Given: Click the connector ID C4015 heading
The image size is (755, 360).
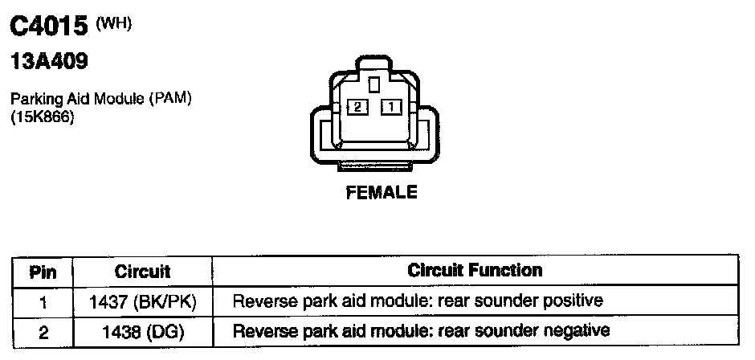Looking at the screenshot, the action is (47, 27).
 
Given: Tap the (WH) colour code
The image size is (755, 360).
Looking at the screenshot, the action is (113, 23).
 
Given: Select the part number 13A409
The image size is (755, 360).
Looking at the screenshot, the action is (48, 62).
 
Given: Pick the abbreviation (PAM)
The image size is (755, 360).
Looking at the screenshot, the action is (173, 99).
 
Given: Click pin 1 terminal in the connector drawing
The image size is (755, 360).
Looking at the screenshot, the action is (390, 106).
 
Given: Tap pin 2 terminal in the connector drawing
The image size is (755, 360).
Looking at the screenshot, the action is (357, 106).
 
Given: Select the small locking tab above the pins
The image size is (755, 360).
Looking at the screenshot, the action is (373, 84).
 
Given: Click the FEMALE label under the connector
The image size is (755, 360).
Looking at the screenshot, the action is (382, 193).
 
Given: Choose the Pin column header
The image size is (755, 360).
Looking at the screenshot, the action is (43, 271).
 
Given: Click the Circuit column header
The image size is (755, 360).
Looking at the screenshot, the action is (142, 271).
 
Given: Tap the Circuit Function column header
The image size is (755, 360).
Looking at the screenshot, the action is (475, 270).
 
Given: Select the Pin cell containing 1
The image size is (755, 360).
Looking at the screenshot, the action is (43, 301).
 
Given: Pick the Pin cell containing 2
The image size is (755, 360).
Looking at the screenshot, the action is (43, 330).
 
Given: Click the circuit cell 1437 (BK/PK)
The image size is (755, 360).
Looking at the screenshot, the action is (142, 301).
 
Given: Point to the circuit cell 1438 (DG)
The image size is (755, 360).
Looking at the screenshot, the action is (142, 330).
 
